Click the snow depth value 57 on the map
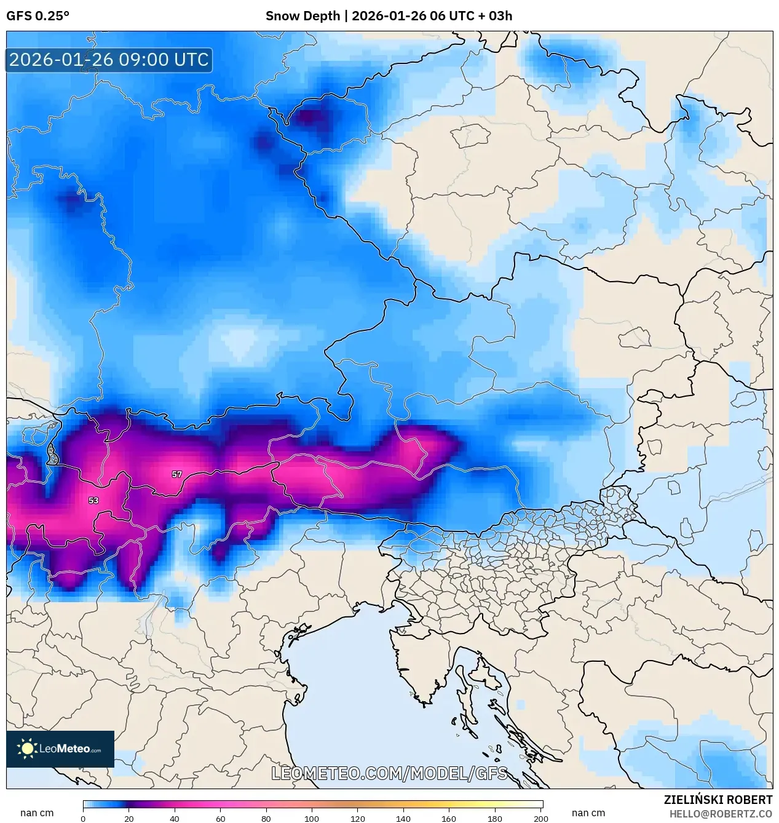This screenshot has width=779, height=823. tap(177, 474)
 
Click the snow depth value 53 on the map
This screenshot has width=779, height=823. tap(93, 500)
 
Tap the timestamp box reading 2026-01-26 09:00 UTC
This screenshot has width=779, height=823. tap(109, 60)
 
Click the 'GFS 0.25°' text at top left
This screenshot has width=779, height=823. tap(38, 16)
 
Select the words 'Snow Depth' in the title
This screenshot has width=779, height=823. tap(303, 16)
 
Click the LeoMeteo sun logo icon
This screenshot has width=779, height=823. tap(27, 749)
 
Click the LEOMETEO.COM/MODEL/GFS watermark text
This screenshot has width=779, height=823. tap(389, 773)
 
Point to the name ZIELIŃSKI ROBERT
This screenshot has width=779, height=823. tap(718, 800)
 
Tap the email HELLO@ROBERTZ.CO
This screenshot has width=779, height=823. tap(721, 814)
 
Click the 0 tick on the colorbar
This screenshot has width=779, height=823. tap(83, 818)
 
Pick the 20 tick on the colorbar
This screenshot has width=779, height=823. tap(129, 818)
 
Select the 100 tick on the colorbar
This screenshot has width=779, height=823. tap(312, 818)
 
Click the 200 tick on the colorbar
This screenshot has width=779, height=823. tap(541, 818)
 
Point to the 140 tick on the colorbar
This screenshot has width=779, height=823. tap(403, 818)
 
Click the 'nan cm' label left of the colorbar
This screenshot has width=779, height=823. tap(37, 813)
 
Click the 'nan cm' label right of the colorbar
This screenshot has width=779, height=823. tap(588, 813)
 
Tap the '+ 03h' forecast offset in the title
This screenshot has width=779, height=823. tap(495, 16)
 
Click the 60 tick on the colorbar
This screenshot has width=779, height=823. tap(220, 818)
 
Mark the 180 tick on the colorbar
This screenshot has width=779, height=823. tap(495, 818)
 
